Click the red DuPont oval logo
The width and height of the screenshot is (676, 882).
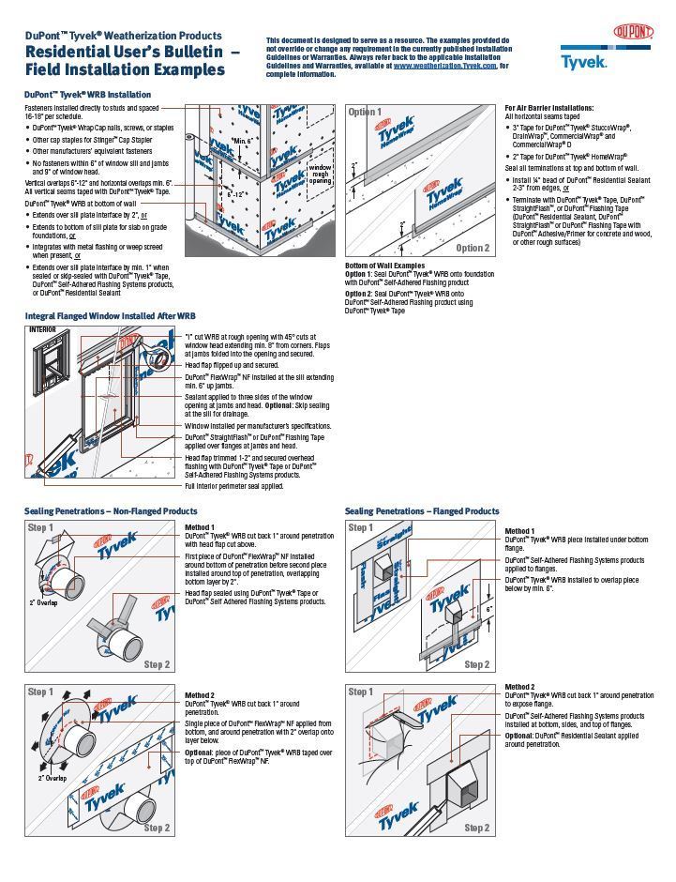[x=633, y=33]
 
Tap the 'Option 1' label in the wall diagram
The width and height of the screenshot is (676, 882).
[x=366, y=112]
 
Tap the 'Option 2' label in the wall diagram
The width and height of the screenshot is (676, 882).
[x=473, y=249]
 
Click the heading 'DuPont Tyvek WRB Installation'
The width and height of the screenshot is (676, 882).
[x=86, y=95]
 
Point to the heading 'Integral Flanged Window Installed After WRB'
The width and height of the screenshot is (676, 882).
[x=110, y=316]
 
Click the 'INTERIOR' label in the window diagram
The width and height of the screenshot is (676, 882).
[x=42, y=330]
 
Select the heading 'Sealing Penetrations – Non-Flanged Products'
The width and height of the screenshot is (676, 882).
[x=111, y=511]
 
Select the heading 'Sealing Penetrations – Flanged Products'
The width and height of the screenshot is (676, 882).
[x=422, y=511]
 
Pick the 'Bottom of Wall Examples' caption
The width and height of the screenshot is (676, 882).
[x=383, y=266]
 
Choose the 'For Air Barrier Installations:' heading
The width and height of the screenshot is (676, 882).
[x=548, y=108]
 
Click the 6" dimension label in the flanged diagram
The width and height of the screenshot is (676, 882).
[x=489, y=609]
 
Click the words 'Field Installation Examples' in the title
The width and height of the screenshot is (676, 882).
[x=125, y=69]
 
